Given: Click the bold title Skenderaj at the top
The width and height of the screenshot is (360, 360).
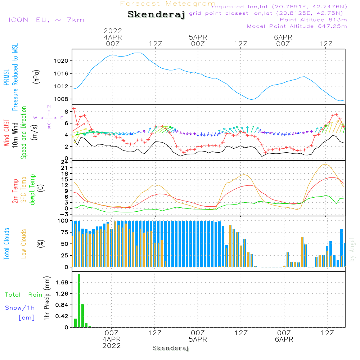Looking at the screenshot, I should tap(156, 15).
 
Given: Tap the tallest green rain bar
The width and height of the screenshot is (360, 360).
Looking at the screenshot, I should tap(79, 301).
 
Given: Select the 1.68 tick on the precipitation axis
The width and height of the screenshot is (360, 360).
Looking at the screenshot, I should tap(62, 283).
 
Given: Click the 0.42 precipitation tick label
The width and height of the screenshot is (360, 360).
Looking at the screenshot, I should tap(62, 316).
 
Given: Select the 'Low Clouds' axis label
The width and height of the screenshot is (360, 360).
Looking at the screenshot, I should tap(24, 244).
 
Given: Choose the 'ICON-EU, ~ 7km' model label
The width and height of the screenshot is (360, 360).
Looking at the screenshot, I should tap(46, 20).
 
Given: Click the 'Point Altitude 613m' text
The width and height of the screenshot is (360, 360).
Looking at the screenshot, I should tap(313, 20).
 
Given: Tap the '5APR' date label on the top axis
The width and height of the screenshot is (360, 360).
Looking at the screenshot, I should tap(198, 37).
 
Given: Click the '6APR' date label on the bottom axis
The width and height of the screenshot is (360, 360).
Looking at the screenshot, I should tap(284, 339).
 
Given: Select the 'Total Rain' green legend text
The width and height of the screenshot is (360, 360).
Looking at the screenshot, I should tap(23, 295).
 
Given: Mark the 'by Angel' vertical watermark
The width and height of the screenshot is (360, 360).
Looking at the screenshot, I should tap(352, 250).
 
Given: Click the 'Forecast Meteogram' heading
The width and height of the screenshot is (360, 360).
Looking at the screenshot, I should tap(167, 4).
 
